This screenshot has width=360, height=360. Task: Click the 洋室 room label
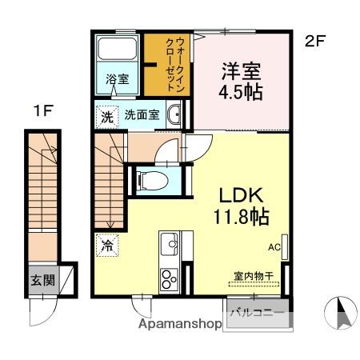click(241, 69)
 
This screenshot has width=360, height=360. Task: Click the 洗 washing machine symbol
click(107, 116)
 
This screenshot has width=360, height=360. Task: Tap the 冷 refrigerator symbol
click(107, 246)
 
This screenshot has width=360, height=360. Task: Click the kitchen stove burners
click(170, 278)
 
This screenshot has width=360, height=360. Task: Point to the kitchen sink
click(170, 242)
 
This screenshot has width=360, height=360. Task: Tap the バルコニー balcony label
click(258, 312)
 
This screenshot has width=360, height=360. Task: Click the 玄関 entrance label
click(43, 280)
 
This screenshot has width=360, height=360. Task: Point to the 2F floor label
click(314, 42)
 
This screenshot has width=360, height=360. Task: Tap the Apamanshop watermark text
click(180, 326)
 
